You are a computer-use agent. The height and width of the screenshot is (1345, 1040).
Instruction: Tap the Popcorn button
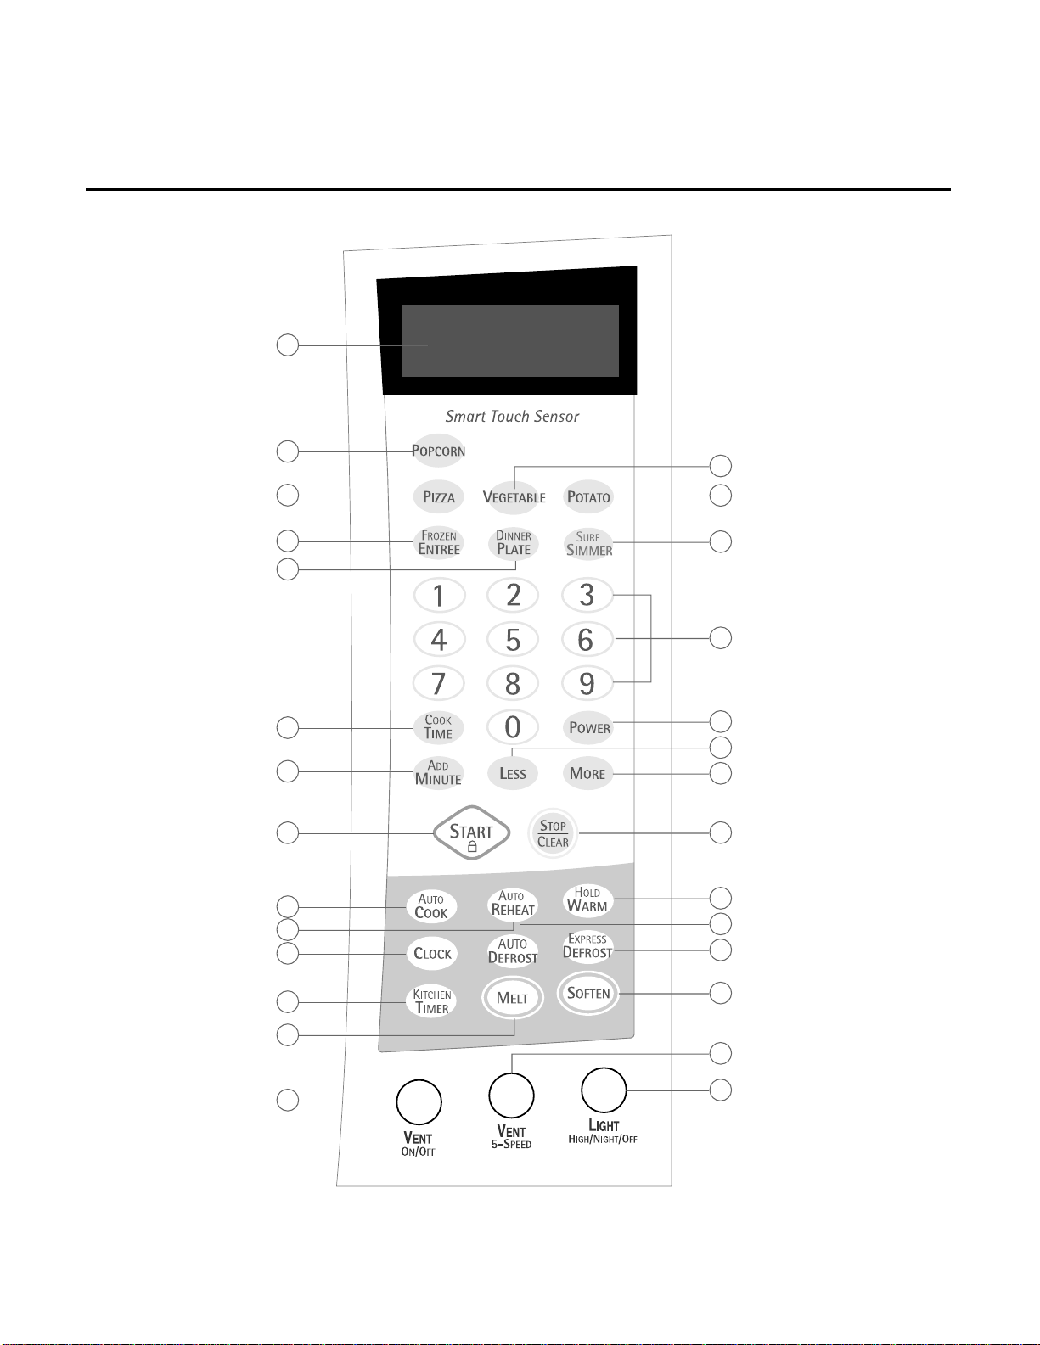click(438, 450)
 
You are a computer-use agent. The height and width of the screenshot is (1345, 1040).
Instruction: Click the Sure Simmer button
click(588, 543)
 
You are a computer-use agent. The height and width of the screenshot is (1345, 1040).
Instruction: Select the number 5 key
click(513, 639)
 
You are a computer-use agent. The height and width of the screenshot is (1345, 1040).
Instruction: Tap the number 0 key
click(513, 727)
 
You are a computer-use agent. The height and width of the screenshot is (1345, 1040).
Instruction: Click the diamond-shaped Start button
click(472, 832)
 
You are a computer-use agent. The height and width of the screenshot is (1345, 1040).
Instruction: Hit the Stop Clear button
click(553, 833)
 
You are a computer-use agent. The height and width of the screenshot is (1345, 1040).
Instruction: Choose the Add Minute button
click(438, 772)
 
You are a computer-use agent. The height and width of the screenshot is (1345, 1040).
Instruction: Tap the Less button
click(513, 773)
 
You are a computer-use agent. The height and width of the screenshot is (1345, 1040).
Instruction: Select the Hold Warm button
click(587, 900)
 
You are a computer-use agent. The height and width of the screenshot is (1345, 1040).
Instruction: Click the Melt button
click(513, 997)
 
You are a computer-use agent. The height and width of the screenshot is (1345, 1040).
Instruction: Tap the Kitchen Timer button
click(431, 1000)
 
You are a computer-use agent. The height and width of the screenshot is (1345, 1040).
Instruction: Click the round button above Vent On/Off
click(419, 1101)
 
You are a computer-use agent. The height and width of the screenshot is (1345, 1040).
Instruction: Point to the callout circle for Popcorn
click(288, 451)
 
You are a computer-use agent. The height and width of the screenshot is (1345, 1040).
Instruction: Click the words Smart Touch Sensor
click(512, 416)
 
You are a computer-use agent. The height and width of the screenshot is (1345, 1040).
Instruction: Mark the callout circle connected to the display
click(288, 345)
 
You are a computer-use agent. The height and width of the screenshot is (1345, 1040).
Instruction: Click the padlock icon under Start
click(472, 847)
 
